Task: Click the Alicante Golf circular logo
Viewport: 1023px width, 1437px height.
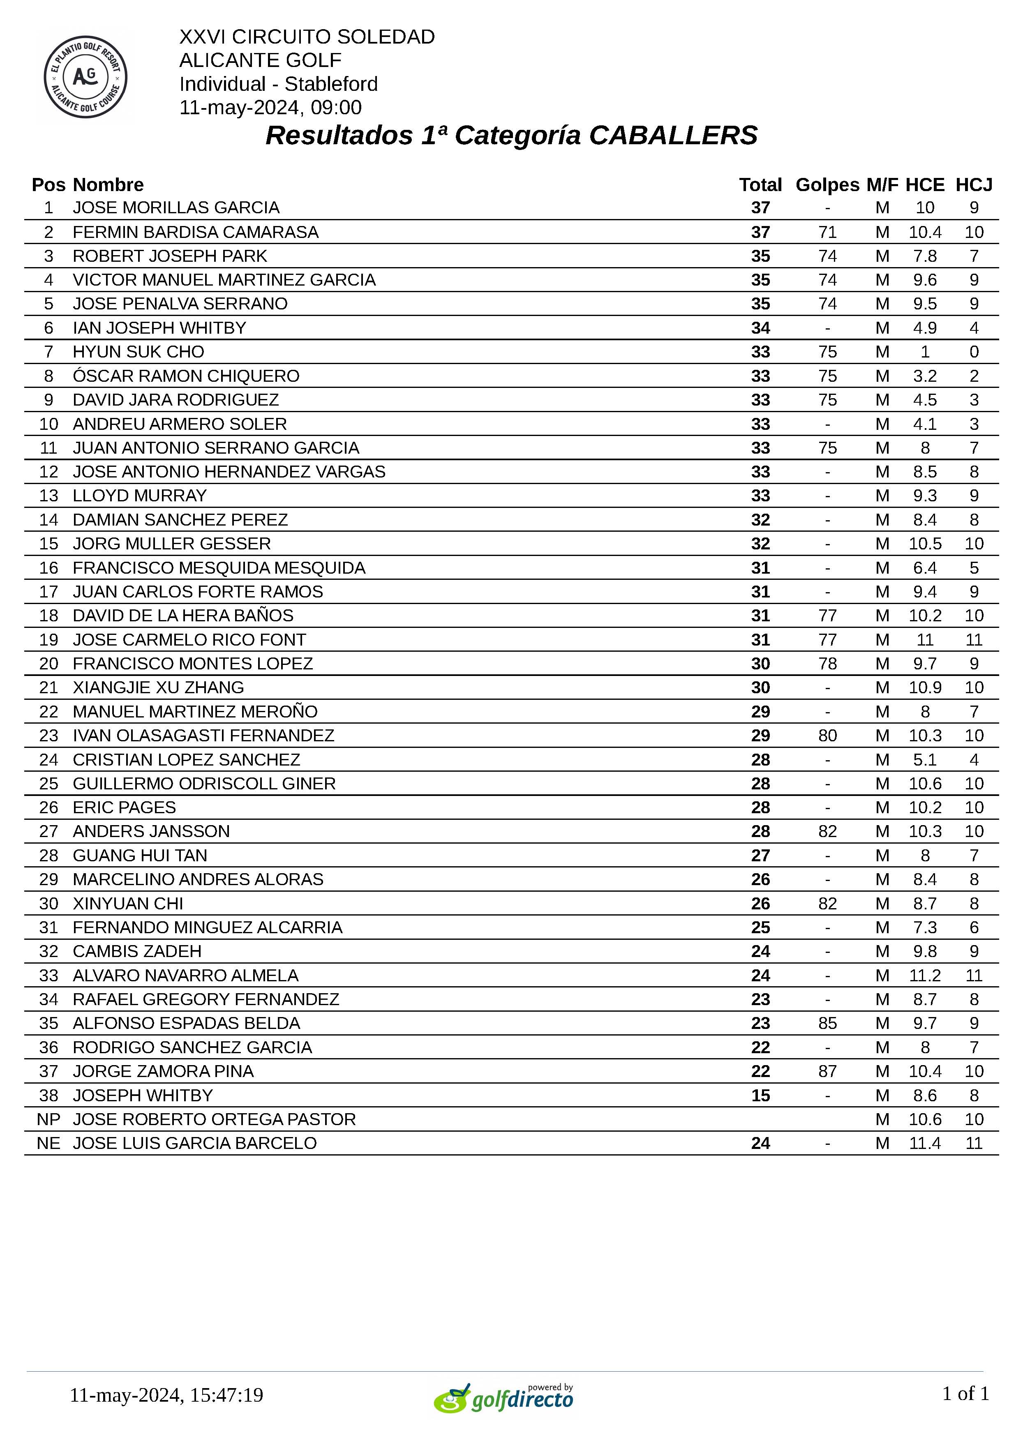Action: pyautogui.click(x=85, y=77)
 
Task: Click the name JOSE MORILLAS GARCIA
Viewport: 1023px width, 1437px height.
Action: pyautogui.click(x=176, y=208)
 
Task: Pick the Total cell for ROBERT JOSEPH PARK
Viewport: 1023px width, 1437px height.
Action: pyautogui.click(x=760, y=256)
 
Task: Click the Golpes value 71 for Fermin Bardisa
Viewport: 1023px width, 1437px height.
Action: pyautogui.click(x=827, y=232)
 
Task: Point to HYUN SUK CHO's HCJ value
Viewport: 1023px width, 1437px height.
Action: pyautogui.click(x=974, y=352)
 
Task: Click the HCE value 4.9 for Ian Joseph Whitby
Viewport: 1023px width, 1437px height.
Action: pyautogui.click(x=925, y=328)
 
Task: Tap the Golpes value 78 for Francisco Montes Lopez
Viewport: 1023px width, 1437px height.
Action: pyautogui.click(x=827, y=664)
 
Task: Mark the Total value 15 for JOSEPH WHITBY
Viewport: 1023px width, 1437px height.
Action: pyautogui.click(x=760, y=1095)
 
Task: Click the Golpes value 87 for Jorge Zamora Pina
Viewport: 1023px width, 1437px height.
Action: pyautogui.click(x=827, y=1071)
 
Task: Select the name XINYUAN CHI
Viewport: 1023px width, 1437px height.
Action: pyautogui.click(x=128, y=904)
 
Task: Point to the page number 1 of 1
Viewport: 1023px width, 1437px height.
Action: pyautogui.click(x=965, y=1393)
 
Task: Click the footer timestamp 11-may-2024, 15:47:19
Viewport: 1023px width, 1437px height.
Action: pyautogui.click(x=166, y=1395)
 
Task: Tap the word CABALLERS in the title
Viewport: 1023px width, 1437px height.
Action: pyautogui.click(x=673, y=135)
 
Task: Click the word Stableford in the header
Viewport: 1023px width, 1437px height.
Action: pyautogui.click(x=331, y=84)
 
